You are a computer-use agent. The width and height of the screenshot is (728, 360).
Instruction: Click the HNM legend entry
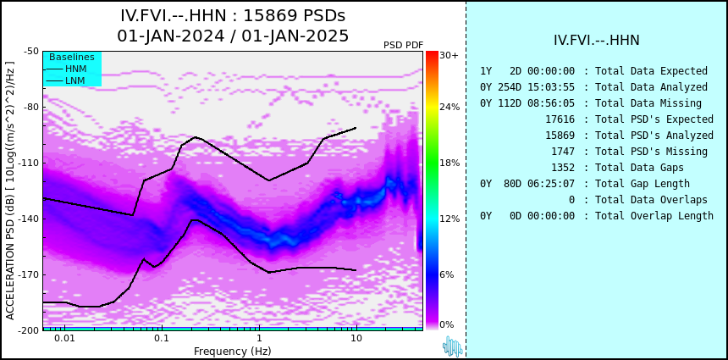point(76,69)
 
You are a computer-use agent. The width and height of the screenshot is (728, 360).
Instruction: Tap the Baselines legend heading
point(72,57)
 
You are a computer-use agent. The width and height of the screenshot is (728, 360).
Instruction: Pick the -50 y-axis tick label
point(31,51)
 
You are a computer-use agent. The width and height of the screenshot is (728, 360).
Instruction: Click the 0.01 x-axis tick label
point(65,338)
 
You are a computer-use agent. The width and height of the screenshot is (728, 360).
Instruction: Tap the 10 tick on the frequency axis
point(356,338)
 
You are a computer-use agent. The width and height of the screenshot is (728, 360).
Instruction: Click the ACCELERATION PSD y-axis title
point(10,191)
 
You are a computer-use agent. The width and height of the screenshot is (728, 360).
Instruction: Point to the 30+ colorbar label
point(449,55)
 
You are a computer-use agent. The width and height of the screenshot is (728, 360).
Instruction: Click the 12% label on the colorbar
point(449,219)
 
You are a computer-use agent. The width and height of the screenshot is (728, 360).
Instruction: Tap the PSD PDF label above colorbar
point(404,45)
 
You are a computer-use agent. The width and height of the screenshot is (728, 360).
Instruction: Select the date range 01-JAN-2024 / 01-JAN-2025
point(233,36)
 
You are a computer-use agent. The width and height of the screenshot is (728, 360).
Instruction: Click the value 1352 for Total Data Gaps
point(563,168)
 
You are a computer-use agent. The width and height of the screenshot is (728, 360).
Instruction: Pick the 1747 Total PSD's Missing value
point(563,152)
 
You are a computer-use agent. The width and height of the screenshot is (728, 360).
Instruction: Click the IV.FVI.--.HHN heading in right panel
point(597,41)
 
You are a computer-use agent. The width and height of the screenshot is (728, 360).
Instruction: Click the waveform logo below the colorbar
point(453,346)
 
